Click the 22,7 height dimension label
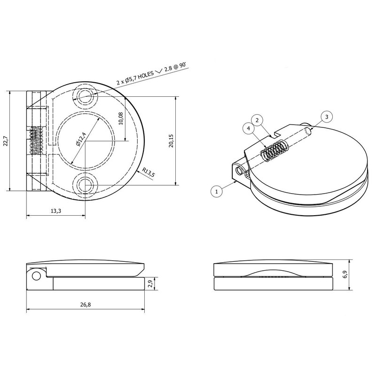5,141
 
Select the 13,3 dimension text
55,211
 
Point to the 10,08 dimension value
121,118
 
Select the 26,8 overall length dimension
85,305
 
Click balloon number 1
216,191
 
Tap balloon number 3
327,116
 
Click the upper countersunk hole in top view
85,97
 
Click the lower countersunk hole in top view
85,183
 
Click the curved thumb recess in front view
273,274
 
